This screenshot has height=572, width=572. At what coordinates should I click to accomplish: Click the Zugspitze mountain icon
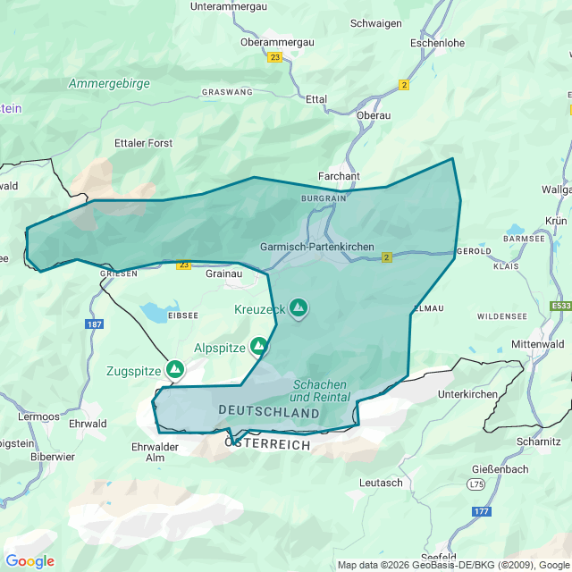175,368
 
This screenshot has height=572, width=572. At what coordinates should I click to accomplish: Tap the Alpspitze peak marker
259,345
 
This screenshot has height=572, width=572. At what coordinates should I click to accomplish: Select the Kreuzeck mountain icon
298,308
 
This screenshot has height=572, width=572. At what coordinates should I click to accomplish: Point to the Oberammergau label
276,41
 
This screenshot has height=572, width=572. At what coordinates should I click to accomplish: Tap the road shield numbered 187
96,324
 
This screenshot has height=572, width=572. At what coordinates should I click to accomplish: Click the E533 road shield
561,306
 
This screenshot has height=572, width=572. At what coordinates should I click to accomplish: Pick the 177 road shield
481,511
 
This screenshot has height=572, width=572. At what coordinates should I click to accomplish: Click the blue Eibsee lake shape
155,313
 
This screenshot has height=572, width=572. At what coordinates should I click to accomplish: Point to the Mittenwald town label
538,343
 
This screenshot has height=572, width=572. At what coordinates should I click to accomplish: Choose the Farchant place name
339,176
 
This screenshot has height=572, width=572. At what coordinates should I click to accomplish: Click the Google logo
29,561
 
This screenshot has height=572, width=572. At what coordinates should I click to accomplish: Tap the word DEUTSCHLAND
269,413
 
